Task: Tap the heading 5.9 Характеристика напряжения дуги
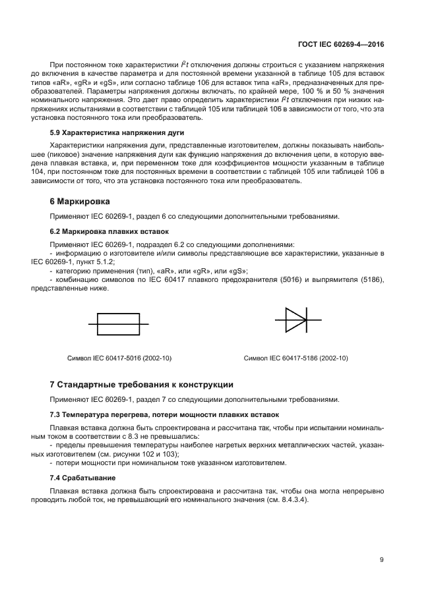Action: [108, 132]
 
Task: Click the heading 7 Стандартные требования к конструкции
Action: [141, 384]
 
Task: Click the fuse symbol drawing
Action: [118, 324]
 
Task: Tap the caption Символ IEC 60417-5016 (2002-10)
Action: [119, 358]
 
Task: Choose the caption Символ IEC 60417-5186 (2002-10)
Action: [296, 358]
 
